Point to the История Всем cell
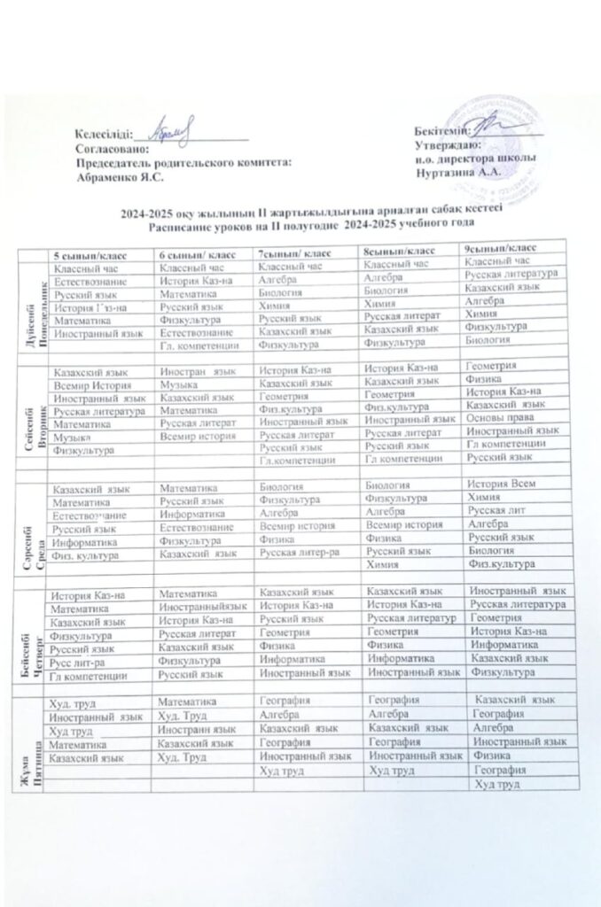[x=501, y=485]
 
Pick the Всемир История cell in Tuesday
[x=87, y=387]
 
